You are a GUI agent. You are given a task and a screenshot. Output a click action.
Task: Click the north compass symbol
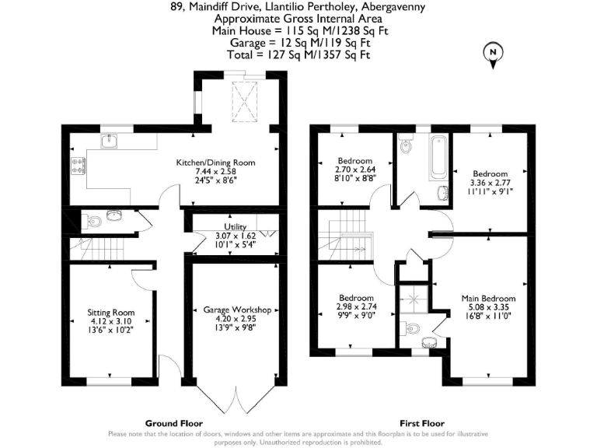493,53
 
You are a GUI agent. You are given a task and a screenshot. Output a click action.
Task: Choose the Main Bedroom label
488,299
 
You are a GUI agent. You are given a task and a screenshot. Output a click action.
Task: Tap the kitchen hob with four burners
79,165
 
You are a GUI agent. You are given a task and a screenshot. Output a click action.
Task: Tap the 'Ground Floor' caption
173,417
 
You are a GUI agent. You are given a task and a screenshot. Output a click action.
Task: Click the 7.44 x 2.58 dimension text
215,171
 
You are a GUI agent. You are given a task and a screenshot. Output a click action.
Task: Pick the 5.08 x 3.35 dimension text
488,308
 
